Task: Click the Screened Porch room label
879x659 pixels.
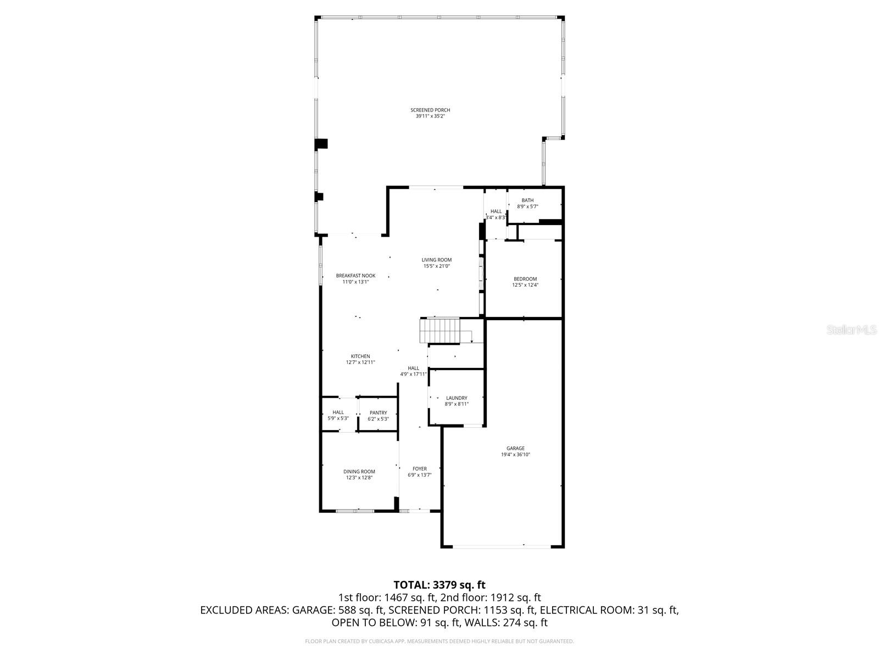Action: pyautogui.click(x=430, y=110)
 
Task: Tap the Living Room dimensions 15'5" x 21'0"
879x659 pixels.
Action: pyautogui.click(x=437, y=266)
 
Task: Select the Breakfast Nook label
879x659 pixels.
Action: pyautogui.click(x=355, y=276)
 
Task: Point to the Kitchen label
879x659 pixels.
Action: pyautogui.click(x=360, y=356)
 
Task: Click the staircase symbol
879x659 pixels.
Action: pyautogui.click(x=439, y=331)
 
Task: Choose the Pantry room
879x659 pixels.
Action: pyautogui.click(x=378, y=416)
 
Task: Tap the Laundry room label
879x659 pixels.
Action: pyautogui.click(x=457, y=398)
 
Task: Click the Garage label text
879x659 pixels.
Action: pyautogui.click(x=515, y=448)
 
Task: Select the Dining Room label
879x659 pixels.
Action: pyautogui.click(x=359, y=472)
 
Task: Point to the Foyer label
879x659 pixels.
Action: pyautogui.click(x=420, y=469)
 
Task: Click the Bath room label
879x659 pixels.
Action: pyautogui.click(x=527, y=200)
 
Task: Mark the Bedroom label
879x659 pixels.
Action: pyautogui.click(x=525, y=279)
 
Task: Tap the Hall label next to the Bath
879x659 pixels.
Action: pyautogui.click(x=496, y=211)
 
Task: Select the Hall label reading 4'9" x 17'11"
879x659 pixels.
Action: pyautogui.click(x=414, y=371)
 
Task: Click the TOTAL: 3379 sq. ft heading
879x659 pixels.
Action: pyautogui.click(x=439, y=585)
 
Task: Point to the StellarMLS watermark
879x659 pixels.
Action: pyautogui.click(x=853, y=330)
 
